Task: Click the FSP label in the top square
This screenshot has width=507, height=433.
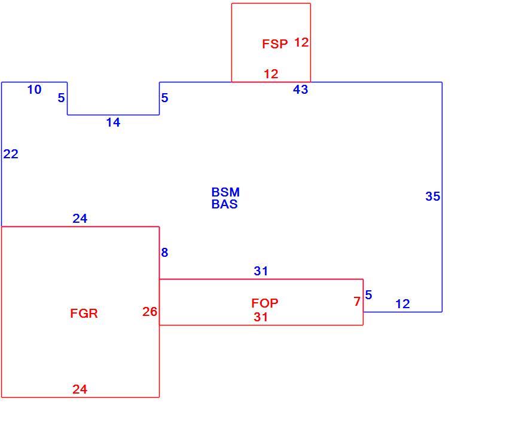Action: click(x=274, y=44)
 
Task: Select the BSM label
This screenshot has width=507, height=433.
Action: click(x=225, y=192)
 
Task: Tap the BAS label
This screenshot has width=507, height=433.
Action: click(x=224, y=204)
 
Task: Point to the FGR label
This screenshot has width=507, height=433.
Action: click(x=84, y=313)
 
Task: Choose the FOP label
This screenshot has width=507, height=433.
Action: click(x=264, y=303)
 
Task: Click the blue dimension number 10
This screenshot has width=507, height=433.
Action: click(x=34, y=90)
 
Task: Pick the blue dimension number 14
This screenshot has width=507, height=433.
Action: click(x=113, y=122)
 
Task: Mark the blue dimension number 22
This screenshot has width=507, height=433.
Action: click(x=11, y=154)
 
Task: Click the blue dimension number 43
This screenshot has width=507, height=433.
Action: click(x=300, y=90)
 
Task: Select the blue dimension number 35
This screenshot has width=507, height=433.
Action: click(x=433, y=196)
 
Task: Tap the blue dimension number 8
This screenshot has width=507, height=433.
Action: click(x=164, y=253)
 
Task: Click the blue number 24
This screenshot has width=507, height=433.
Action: click(x=80, y=219)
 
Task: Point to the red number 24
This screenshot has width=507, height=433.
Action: click(x=80, y=389)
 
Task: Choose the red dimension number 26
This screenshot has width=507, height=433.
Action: click(x=149, y=312)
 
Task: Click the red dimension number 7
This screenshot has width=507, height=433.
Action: click(x=357, y=302)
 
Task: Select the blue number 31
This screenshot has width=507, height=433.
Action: click(x=261, y=271)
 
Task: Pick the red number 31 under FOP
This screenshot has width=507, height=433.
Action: click(x=261, y=317)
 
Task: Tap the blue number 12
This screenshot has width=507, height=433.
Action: click(x=402, y=304)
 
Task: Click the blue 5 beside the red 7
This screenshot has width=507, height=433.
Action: click(x=369, y=295)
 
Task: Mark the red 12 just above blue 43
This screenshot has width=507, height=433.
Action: click(x=271, y=74)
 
